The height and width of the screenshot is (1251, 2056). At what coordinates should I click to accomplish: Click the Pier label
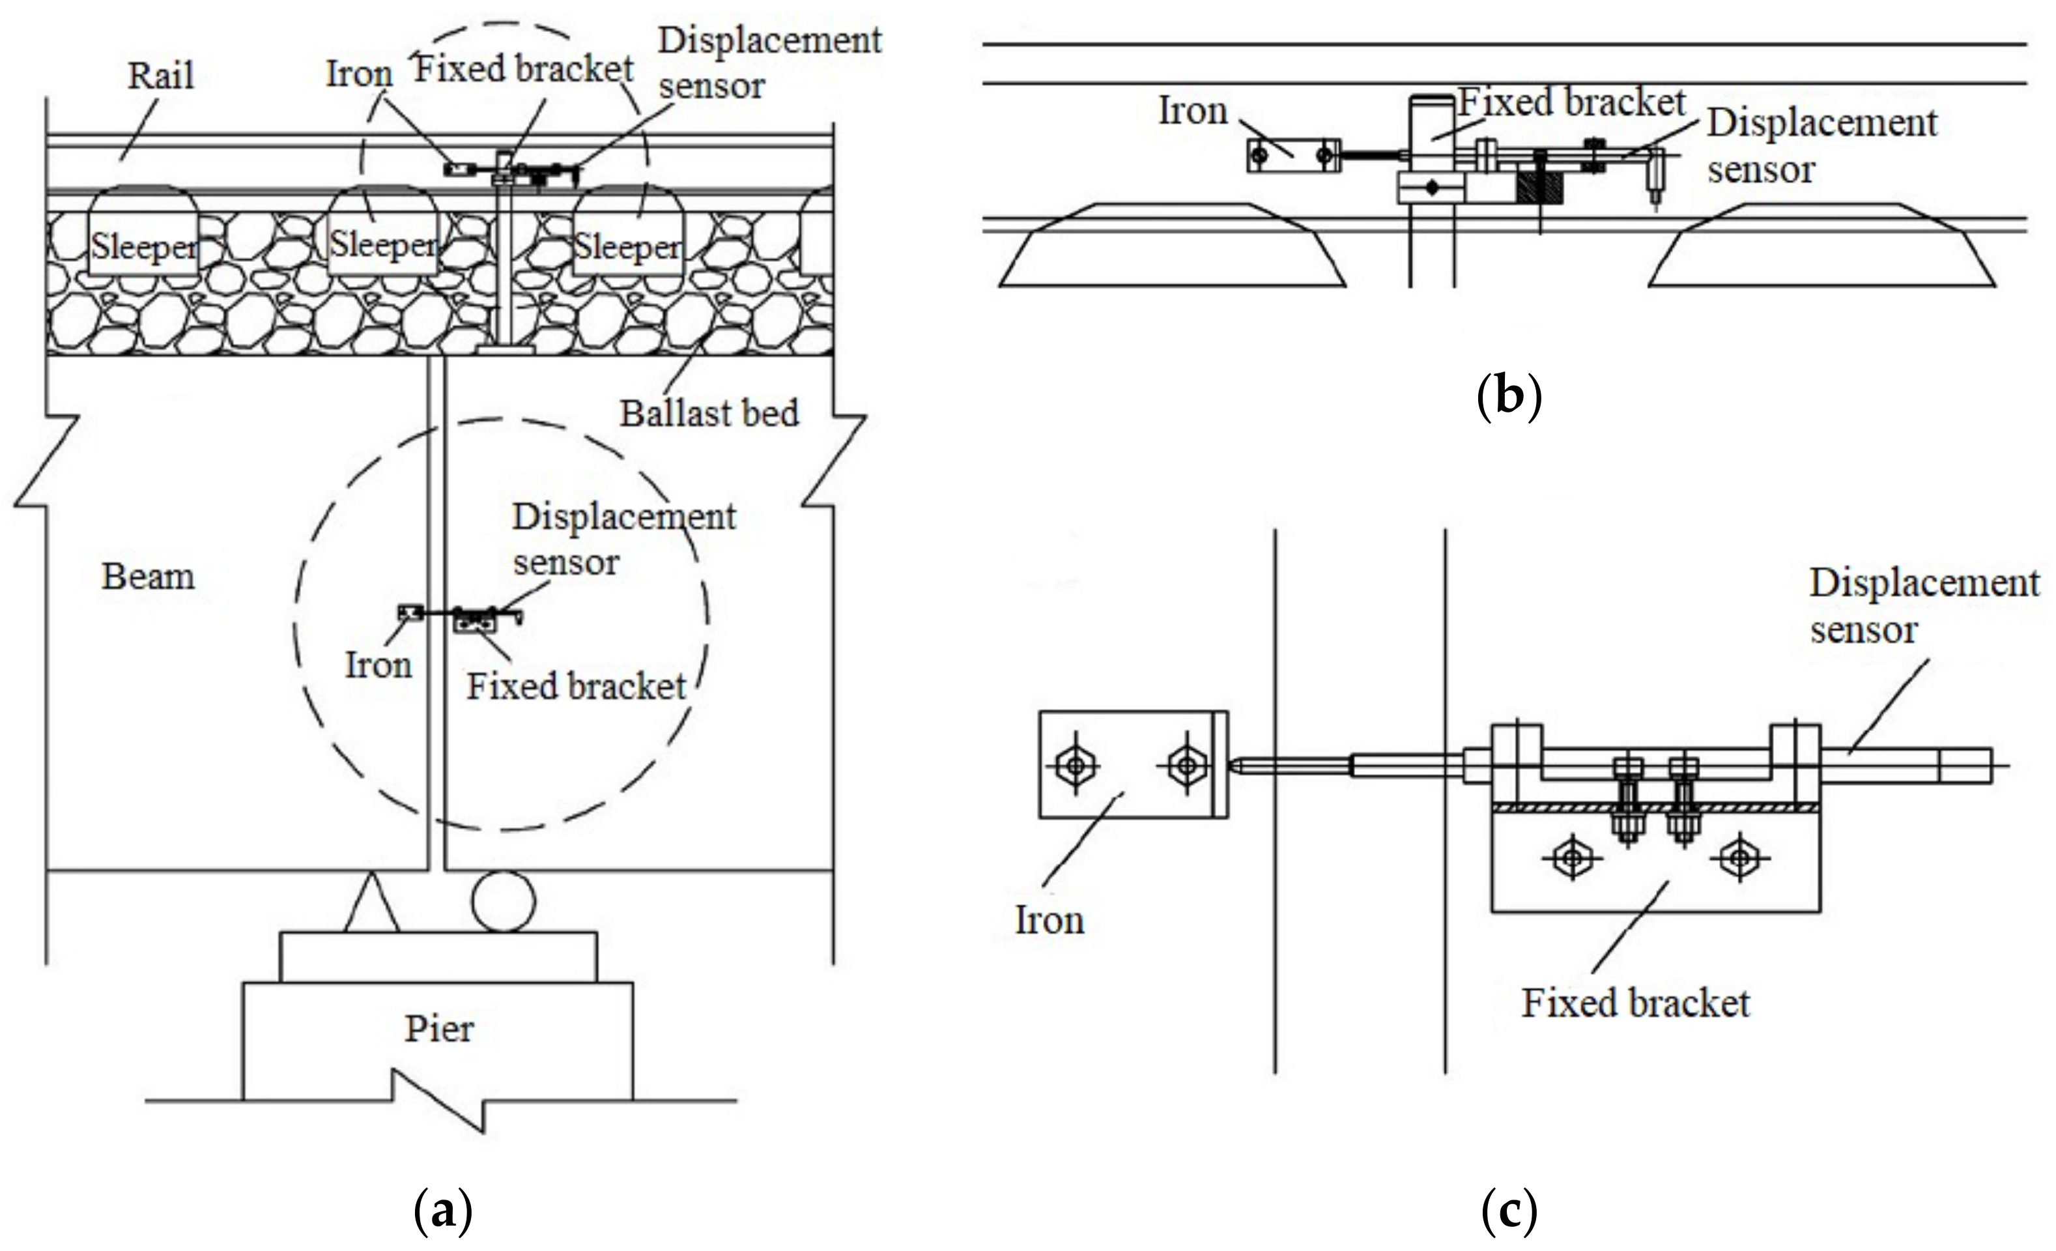pos(439,1029)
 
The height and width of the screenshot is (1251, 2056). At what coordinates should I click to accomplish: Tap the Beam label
pos(148,577)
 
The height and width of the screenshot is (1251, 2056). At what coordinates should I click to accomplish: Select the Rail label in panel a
pos(160,76)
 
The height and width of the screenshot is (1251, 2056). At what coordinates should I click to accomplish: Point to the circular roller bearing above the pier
pos(503,901)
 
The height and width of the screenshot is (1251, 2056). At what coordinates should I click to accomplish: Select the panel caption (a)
pos(443,1213)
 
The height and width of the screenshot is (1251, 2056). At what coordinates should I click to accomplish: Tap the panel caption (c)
pos(1509,1213)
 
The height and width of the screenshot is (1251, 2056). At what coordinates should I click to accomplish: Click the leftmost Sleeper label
pos(143,247)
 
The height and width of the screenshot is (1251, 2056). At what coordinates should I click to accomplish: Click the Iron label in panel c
pos(1049,921)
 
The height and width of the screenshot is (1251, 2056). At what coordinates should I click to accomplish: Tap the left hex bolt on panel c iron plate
pos(1076,764)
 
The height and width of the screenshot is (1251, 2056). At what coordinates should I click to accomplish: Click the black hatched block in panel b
pos(1539,187)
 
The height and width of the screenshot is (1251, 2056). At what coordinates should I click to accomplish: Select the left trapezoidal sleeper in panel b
pos(1173,244)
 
